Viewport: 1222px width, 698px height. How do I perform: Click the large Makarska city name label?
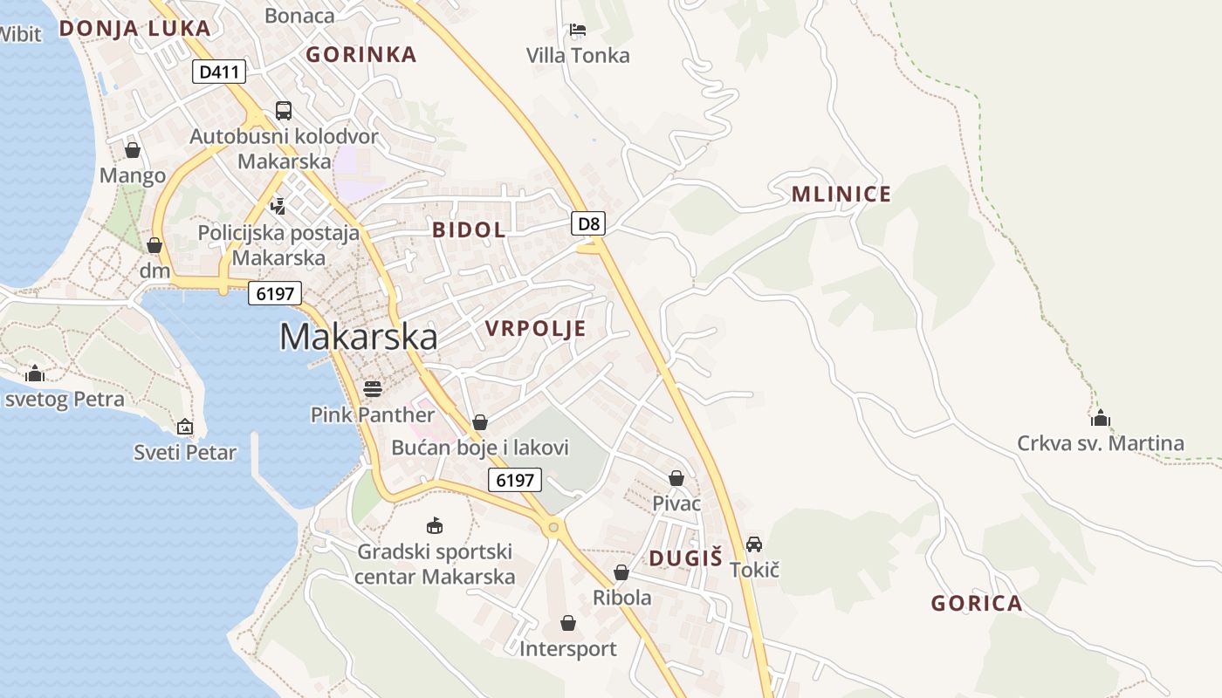(358, 337)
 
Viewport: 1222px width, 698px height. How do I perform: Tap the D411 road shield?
(219, 72)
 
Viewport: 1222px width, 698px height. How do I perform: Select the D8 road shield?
(589, 223)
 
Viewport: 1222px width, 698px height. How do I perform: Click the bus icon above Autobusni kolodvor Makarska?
(284, 111)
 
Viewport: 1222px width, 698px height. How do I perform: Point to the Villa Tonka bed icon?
(577, 30)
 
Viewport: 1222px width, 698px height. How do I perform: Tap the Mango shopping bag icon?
(133, 151)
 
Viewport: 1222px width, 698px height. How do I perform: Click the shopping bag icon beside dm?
(154, 245)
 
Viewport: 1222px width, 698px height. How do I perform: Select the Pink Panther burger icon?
(373, 388)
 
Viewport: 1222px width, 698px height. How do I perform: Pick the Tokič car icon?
(754, 544)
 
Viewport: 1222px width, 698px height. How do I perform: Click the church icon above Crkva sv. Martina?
(1101, 418)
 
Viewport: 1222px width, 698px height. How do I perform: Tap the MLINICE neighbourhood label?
(841, 195)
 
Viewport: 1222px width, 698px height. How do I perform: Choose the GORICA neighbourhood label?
(976, 603)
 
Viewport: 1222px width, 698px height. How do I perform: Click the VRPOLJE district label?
(535, 329)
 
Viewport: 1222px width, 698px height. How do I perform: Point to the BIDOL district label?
(469, 230)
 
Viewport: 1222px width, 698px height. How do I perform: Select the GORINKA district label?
(361, 55)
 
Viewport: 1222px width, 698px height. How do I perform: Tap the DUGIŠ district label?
(685, 558)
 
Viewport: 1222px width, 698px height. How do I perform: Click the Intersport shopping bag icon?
(568, 623)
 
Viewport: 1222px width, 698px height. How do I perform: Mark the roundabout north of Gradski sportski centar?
(552, 526)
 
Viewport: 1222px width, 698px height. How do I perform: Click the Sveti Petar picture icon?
(185, 427)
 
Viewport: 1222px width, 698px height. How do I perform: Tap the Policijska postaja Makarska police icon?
(278, 206)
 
